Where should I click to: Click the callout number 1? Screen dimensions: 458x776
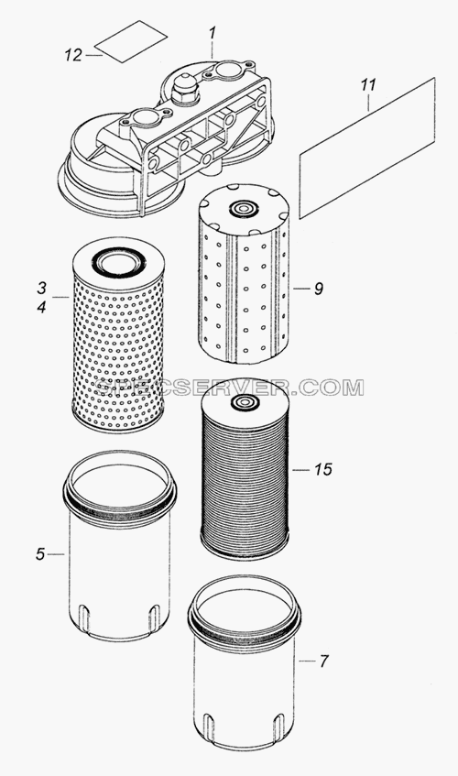(213, 35)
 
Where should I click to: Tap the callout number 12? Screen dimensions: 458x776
(72, 55)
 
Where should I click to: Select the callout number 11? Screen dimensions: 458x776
(367, 85)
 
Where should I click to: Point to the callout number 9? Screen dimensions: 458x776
(318, 289)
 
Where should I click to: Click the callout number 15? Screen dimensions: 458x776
(323, 469)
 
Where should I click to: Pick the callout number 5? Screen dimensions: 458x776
(40, 554)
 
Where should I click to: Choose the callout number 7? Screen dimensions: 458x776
(323, 661)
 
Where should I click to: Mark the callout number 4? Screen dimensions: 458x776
(41, 307)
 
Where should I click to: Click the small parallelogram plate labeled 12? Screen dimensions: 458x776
(131, 41)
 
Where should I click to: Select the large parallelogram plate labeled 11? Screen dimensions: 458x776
(367, 148)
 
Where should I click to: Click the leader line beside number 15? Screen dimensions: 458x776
(300, 469)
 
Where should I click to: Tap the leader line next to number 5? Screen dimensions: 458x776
(57, 554)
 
